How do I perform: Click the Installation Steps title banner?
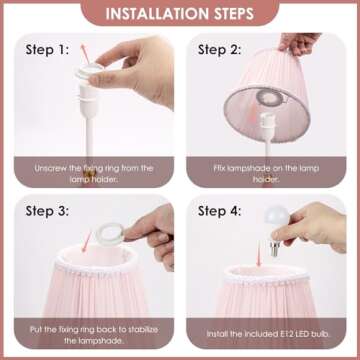pos(180,13)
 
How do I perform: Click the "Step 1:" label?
pos(47,50)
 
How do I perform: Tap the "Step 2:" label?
pos(219,50)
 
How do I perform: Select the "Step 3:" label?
pos(47,211)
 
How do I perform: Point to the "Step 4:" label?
pos(219,211)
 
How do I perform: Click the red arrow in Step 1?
pos(85,53)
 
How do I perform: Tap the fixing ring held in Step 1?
pos(89,71)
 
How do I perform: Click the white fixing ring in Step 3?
pos(109,234)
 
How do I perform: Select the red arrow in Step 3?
pos(87,242)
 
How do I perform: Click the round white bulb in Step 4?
pos(277,217)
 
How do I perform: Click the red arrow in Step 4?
pos(258,255)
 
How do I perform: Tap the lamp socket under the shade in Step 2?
pos(268,125)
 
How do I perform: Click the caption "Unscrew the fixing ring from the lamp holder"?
pos(94,173)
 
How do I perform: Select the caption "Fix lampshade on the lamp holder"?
pos(266,173)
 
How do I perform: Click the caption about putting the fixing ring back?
pos(94,335)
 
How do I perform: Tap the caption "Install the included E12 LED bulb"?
pos(268,334)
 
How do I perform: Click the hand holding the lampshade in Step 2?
pos(299,43)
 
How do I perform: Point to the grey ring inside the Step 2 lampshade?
pos(270,97)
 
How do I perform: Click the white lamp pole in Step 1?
pos(90,137)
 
